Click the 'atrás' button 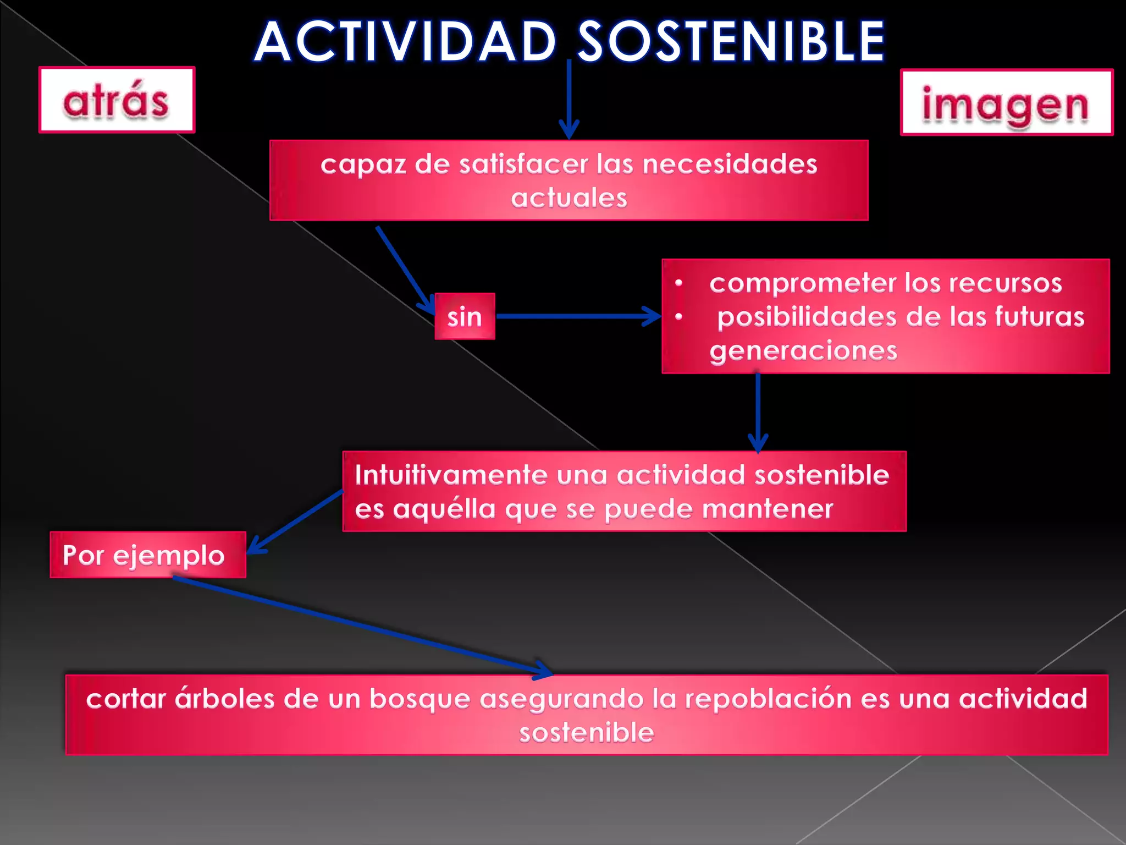117,100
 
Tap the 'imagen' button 1006,102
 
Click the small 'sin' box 465,316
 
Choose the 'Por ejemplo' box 148,555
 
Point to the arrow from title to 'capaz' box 569,99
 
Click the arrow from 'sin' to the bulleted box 578,316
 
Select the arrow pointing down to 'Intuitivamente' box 758,413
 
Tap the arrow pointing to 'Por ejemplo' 295,522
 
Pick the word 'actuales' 569,198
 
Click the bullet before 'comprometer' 679,283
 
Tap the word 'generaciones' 803,351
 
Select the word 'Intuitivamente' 451,475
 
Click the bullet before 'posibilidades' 679,317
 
